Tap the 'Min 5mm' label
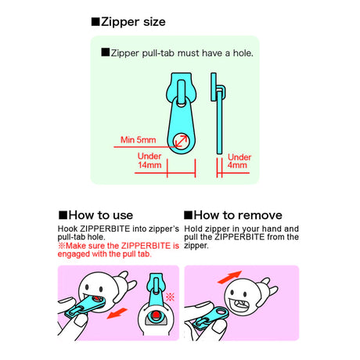click(x=139, y=141)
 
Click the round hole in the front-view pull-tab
click(x=182, y=142)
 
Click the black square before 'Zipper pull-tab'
click(x=105, y=53)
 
